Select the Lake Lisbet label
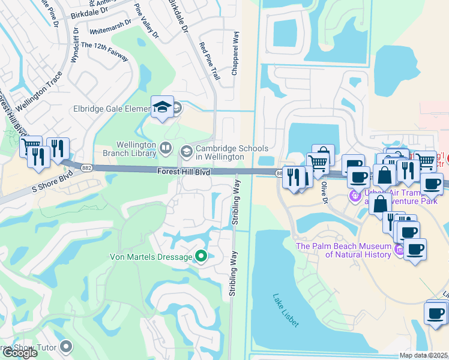click(285, 310)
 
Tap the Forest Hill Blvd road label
click(184, 172)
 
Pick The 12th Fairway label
click(104, 52)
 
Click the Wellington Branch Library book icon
click(165, 146)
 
